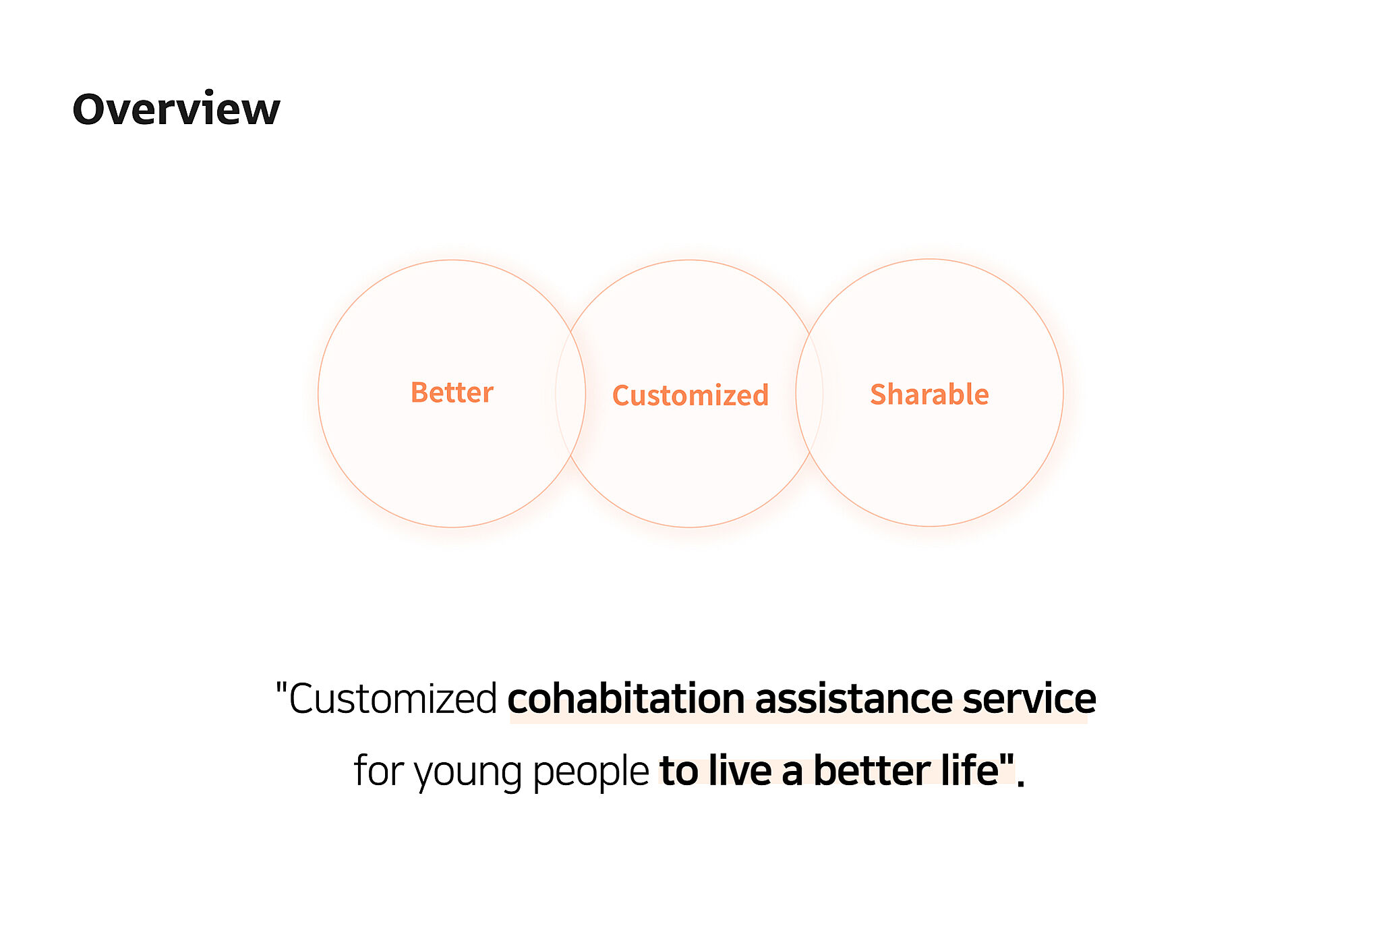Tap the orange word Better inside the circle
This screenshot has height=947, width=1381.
tap(452, 393)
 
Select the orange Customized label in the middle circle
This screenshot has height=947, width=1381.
tap(690, 395)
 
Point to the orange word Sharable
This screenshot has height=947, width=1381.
tap(929, 394)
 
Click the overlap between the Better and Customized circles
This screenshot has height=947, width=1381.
tap(570, 393)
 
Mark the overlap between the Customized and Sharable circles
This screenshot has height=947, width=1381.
tap(809, 393)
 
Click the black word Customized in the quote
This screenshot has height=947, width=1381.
tap(393, 698)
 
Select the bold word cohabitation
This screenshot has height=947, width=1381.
tap(626, 698)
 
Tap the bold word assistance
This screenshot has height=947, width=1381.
tap(853, 698)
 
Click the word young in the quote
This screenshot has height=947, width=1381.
tap(468, 772)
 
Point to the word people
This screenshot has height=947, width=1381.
tap(591, 772)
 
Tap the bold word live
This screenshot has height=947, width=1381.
tap(740, 770)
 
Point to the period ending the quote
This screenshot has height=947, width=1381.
tap(1021, 784)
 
